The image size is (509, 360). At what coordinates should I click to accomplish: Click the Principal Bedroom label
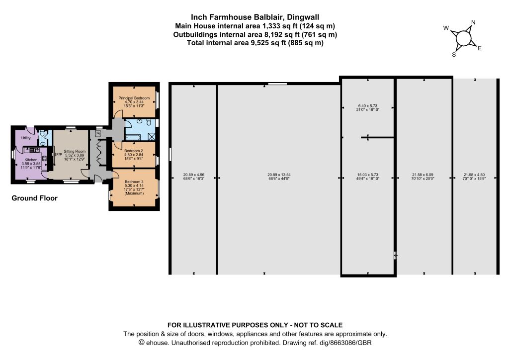click(134, 98)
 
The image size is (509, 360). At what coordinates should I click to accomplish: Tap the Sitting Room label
click(75, 151)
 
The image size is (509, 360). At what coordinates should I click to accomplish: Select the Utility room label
click(26, 138)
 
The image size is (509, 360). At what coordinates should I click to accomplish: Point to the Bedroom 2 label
click(134, 151)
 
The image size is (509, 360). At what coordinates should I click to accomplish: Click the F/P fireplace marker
click(59, 155)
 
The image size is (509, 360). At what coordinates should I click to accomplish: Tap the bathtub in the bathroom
click(133, 137)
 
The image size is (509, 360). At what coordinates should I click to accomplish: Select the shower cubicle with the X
click(151, 136)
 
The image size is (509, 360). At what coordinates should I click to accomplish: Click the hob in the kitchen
click(44, 159)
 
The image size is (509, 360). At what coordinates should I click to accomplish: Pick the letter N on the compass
click(473, 22)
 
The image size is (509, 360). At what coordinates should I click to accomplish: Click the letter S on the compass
click(454, 55)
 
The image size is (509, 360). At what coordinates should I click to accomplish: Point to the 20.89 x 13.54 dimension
click(279, 175)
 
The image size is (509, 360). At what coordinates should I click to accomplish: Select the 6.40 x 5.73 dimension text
click(368, 106)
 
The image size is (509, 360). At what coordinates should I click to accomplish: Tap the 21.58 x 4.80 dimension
click(474, 175)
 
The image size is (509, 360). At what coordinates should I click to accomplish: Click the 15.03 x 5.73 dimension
click(368, 175)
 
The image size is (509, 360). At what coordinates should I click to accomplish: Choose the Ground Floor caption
click(34, 198)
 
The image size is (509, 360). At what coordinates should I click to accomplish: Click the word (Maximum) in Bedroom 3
click(134, 193)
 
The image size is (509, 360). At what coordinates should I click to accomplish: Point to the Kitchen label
click(31, 160)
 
